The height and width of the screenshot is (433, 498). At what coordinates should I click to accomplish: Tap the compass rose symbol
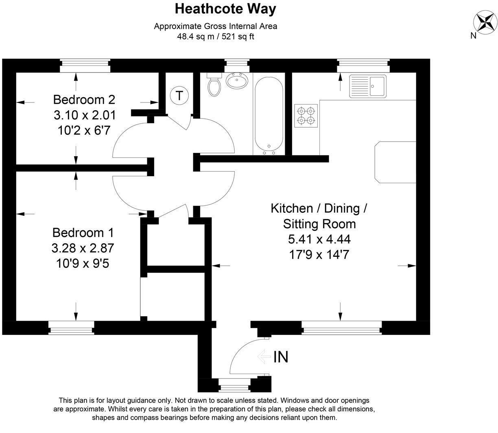[485, 21]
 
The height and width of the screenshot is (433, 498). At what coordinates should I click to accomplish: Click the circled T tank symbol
[179, 96]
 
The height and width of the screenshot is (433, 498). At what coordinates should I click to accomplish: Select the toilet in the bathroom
[214, 85]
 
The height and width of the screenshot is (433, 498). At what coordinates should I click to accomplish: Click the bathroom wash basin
[237, 81]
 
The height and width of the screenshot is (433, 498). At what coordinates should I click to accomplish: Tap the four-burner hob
[306, 115]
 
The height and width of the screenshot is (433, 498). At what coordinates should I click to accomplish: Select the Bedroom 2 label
[84, 99]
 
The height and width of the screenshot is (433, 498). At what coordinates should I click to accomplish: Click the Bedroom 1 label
[83, 233]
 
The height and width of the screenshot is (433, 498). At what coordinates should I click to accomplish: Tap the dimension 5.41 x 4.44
[319, 239]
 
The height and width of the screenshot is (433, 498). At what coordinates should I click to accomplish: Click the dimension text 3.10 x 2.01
[85, 115]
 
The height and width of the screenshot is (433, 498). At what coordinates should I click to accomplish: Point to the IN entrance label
[281, 357]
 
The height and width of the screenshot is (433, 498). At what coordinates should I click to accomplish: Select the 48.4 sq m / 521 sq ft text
[216, 37]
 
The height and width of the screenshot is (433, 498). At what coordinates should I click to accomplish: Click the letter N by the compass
[473, 35]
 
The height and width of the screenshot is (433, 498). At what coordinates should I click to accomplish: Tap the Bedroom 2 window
[85, 65]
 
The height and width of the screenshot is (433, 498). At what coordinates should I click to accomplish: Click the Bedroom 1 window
[71, 328]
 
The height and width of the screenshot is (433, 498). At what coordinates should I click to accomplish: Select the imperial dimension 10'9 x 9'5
[83, 264]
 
